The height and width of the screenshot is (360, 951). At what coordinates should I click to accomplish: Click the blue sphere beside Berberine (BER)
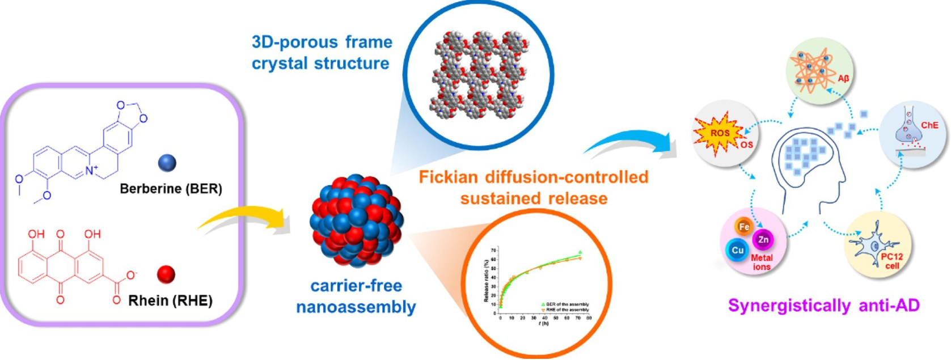click(167, 163)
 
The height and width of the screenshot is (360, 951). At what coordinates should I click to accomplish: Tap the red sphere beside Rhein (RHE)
click(166, 274)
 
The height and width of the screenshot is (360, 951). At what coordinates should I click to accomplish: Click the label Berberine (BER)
click(171, 189)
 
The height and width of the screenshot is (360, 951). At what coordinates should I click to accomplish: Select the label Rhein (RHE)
click(170, 300)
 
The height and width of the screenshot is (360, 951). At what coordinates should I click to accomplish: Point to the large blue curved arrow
click(632, 145)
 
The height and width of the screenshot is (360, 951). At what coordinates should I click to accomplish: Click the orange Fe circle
click(743, 227)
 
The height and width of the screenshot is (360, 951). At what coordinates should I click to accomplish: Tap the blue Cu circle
click(737, 250)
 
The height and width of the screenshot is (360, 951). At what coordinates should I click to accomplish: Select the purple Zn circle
click(763, 240)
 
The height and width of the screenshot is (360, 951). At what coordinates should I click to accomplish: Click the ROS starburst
click(718, 134)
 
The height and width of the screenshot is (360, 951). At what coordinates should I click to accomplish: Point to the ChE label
click(929, 125)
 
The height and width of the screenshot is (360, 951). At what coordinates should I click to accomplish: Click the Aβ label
click(843, 79)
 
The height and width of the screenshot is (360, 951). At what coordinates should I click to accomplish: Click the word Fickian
click(449, 177)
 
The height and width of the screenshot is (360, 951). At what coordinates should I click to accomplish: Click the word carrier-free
click(356, 285)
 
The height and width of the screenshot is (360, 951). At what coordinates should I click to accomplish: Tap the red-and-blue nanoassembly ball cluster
click(356, 221)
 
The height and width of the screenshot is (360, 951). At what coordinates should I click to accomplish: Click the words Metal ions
click(762, 262)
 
